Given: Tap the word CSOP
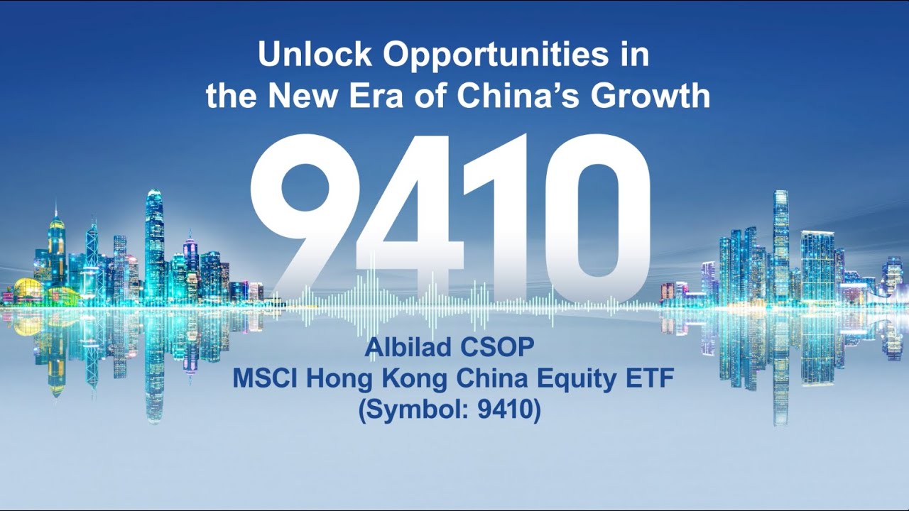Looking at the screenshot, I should point(501,348).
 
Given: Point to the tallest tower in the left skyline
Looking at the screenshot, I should point(154,241).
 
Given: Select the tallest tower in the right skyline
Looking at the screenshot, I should point(780,241).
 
